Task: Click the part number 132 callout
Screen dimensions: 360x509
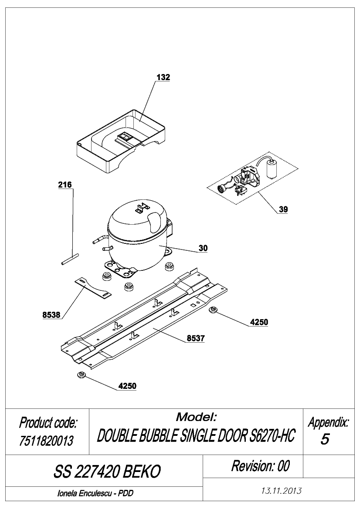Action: pyautogui.click(x=163, y=77)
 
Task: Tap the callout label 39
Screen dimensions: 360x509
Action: pyautogui.click(x=283, y=209)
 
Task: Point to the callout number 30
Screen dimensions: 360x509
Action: pyautogui.click(x=203, y=248)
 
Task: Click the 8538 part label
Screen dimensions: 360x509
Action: pyautogui.click(x=51, y=314)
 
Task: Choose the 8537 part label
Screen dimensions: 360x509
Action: pyautogui.click(x=196, y=339)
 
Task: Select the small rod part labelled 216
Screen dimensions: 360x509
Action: pyautogui.click(x=70, y=260)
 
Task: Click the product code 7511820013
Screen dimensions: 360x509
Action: pyautogui.click(x=47, y=441)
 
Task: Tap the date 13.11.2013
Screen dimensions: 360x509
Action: pyautogui.click(x=282, y=491)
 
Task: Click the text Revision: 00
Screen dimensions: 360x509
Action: pyautogui.click(x=260, y=466)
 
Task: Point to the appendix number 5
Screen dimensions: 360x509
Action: pyautogui.click(x=325, y=439)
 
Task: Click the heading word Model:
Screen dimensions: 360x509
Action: pyautogui.click(x=196, y=417)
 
